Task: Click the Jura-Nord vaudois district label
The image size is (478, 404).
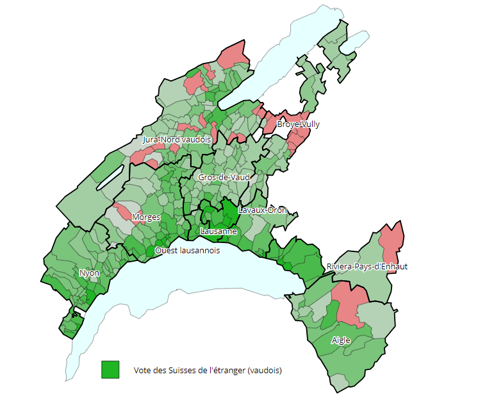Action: click(x=176, y=139)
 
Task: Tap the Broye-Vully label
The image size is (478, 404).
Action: click(x=298, y=124)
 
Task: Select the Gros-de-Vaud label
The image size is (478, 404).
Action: click(x=224, y=177)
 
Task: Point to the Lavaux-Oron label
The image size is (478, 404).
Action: click(x=263, y=210)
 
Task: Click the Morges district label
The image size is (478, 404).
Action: click(x=146, y=217)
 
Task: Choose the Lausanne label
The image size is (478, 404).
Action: click(x=219, y=231)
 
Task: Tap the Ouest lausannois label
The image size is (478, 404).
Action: click(x=187, y=250)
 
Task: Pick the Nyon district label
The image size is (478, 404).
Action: click(x=89, y=273)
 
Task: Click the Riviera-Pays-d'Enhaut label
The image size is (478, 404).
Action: click(x=367, y=266)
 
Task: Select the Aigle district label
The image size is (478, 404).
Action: click(x=341, y=341)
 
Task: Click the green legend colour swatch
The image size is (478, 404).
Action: click(x=110, y=370)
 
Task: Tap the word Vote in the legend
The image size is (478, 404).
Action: click(x=142, y=371)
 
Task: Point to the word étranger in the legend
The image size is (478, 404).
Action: click(x=228, y=371)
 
